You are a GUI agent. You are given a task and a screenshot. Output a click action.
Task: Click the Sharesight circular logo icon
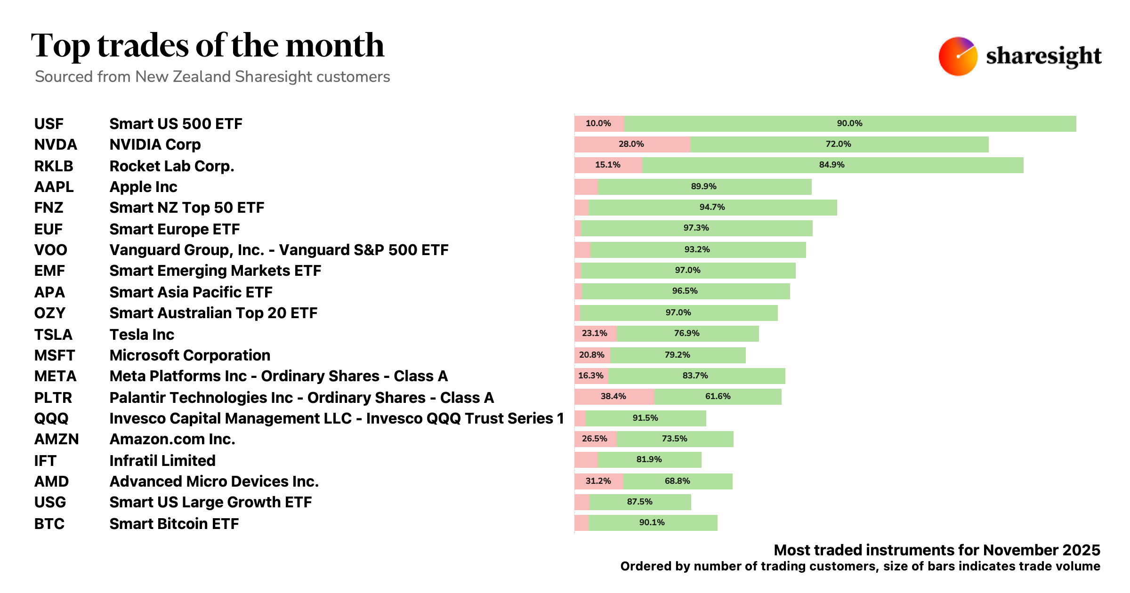click(958, 56)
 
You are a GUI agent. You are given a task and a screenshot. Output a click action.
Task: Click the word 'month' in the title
click(335, 46)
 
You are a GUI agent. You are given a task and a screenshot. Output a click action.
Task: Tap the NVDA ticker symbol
click(56, 144)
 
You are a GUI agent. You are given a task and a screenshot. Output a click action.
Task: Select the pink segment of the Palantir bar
click(614, 397)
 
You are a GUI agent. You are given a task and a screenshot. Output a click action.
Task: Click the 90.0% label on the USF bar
click(849, 123)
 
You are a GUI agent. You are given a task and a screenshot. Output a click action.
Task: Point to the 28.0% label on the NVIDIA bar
click(631, 144)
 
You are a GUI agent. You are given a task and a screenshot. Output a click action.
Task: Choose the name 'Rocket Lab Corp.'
click(171, 166)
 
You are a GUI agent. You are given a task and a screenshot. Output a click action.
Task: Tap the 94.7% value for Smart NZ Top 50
click(712, 207)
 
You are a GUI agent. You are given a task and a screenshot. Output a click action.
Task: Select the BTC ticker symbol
click(49, 524)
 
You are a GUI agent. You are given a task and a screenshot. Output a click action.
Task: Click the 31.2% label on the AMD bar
click(598, 481)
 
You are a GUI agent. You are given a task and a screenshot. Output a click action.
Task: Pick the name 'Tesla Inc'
click(142, 335)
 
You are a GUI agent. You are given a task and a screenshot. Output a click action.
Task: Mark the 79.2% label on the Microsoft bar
click(677, 355)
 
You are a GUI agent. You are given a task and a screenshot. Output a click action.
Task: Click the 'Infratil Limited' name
click(162, 460)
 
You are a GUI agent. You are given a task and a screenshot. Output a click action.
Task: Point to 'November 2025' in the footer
click(1041, 550)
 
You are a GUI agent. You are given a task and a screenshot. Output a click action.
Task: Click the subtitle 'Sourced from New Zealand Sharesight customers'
click(212, 77)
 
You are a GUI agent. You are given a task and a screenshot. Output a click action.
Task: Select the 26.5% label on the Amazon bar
click(594, 439)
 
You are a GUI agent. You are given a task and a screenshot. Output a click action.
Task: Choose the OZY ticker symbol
click(49, 313)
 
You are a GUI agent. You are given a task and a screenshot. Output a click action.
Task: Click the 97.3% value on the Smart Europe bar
click(696, 228)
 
